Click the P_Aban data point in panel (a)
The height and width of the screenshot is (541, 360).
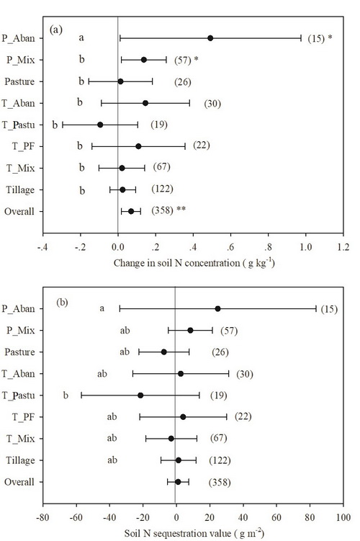[210, 38]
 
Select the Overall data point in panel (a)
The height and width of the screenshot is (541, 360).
[131, 211]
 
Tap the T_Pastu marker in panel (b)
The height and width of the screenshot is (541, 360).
[140, 395]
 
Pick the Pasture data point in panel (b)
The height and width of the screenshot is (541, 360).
[163, 352]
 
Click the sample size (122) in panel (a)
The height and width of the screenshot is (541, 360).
[162, 189]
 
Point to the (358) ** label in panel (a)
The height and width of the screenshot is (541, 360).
[168, 210]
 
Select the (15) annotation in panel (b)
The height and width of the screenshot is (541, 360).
[329, 309]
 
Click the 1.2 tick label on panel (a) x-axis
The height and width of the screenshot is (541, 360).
[343, 247]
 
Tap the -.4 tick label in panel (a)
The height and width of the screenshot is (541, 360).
[42, 247]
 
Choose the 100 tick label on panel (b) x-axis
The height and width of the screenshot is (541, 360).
[343, 517]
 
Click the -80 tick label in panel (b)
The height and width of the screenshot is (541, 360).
[42, 517]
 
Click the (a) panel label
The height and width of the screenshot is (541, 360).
[56, 30]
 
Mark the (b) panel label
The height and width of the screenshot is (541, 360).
[62, 303]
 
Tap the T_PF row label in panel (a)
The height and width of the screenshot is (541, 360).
[24, 146]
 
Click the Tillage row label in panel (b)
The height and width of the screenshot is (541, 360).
[20, 460]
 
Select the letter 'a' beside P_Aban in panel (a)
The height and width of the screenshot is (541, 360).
[81, 37]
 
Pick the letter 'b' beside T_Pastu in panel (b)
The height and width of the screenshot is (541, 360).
[66, 395]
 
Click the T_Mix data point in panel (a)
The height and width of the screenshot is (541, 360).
[122, 168]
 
